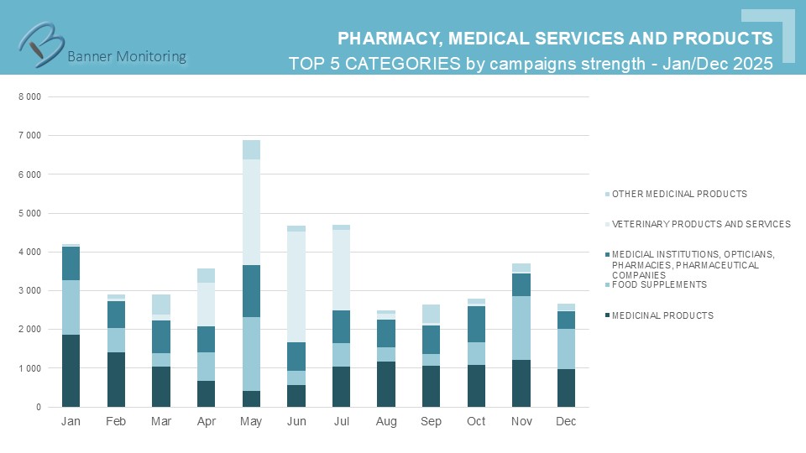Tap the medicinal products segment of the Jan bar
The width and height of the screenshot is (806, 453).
coord(71,371)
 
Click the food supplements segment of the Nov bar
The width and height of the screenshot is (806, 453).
coord(521,328)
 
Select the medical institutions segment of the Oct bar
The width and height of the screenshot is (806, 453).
coord(476,324)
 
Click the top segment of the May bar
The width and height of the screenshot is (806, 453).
coord(252,149)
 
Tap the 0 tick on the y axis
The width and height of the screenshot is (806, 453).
coord(37,408)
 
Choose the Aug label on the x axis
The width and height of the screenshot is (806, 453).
coord(386,421)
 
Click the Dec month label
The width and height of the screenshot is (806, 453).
coord(566,421)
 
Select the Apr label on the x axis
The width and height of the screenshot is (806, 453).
coord(207,421)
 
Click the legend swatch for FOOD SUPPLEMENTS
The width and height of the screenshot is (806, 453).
coord(605,284)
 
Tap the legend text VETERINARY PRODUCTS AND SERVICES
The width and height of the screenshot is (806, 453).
coord(701,224)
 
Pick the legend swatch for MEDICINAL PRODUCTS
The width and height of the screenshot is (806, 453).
coord(605,315)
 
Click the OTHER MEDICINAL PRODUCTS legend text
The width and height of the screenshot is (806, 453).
coord(679,194)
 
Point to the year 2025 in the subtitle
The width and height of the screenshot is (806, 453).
coord(752,64)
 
